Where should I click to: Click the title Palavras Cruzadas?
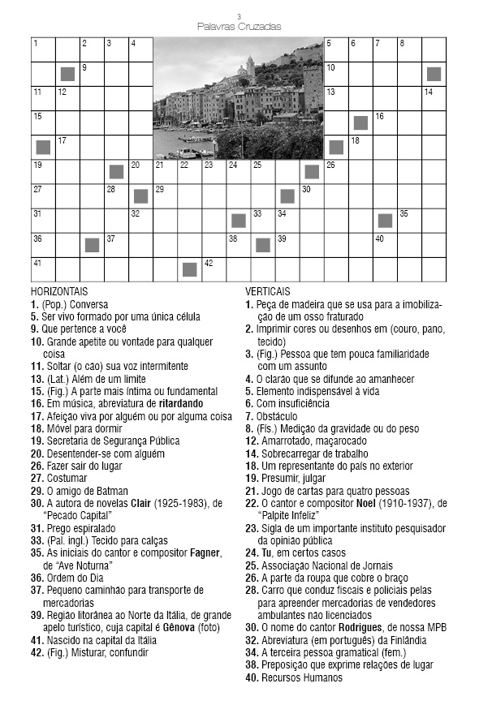tap(239, 27)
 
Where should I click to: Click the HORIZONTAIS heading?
tap(59, 290)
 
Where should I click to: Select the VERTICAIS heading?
tap(272, 290)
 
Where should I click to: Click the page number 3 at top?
tap(239, 16)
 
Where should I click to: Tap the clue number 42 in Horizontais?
tap(36, 651)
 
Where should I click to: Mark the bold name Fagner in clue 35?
tap(197, 552)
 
